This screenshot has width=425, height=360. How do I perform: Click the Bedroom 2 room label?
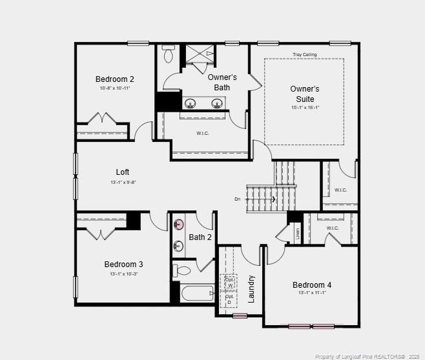click(x=115, y=79)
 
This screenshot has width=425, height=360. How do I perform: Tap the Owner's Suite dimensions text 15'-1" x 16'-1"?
click(x=305, y=108)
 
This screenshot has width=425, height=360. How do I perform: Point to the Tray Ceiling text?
click(x=304, y=55)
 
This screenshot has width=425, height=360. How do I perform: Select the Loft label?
click(x=123, y=172)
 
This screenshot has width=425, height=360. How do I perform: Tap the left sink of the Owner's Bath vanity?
click(x=191, y=103)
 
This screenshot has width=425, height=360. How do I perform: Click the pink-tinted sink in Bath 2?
click(x=179, y=225)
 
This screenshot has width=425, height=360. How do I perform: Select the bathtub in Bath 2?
click(x=198, y=294)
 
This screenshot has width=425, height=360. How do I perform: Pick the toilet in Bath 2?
click(x=181, y=270)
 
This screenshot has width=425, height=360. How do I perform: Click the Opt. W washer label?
click(x=229, y=282)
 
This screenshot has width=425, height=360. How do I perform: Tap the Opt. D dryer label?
click(x=229, y=299)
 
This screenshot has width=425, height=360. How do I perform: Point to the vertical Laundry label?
click(x=251, y=289)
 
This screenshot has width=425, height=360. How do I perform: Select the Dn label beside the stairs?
click(x=238, y=199)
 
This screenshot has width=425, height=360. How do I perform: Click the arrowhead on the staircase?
click(x=275, y=199)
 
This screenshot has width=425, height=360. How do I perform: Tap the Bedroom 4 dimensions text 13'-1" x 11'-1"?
click(x=312, y=293)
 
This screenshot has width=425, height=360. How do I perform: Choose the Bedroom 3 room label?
click(x=124, y=265)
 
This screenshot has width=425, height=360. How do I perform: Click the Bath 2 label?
click(x=200, y=237)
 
